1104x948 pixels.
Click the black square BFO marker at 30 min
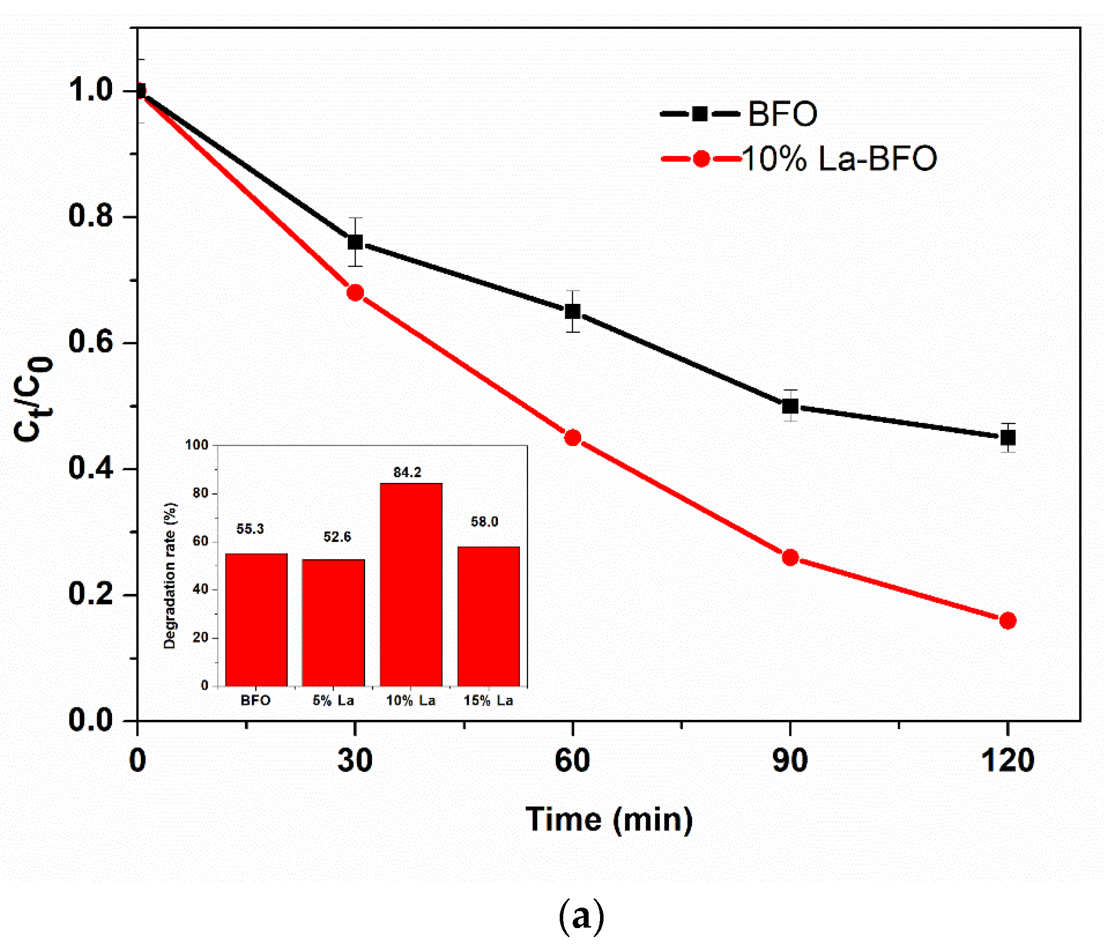(356, 242)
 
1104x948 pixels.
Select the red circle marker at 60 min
(573, 437)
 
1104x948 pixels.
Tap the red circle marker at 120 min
(1007, 620)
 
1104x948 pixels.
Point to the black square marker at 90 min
(790, 406)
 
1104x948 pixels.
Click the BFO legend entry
(782, 114)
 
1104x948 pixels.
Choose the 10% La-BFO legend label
(839, 159)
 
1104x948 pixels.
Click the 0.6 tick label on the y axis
(91, 341)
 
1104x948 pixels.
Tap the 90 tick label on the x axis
(790, 760)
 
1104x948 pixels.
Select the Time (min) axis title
(609, 819)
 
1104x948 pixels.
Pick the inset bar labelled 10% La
(411, 584)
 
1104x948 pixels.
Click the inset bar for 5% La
(334, 622)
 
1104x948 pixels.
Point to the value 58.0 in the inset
(485, 522)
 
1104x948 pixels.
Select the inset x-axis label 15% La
(488, 701)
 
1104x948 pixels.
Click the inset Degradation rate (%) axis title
(169, 575)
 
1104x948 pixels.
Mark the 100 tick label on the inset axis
(197, 445)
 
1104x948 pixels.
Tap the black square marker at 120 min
(1007, 437)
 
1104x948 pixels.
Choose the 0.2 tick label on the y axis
(91, 593)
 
